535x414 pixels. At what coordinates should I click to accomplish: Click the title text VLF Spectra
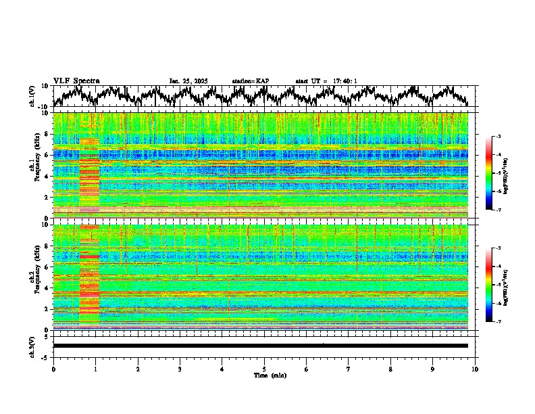(76, 81)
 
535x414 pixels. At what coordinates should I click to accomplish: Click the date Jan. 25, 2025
(189, 81)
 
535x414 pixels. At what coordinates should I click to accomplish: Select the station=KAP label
(251, 81)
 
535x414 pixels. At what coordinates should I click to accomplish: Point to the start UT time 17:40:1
(344, 81)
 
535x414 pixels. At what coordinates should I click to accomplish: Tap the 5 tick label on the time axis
(264, 369)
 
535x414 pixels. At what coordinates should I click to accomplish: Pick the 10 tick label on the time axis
(475, 369)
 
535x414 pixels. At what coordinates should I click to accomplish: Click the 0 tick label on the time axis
(53, 369)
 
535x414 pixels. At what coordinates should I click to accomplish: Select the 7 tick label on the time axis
(349, 369)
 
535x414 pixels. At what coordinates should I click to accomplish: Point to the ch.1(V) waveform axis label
(32, 96)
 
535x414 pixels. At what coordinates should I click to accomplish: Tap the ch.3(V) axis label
(32, 346)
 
